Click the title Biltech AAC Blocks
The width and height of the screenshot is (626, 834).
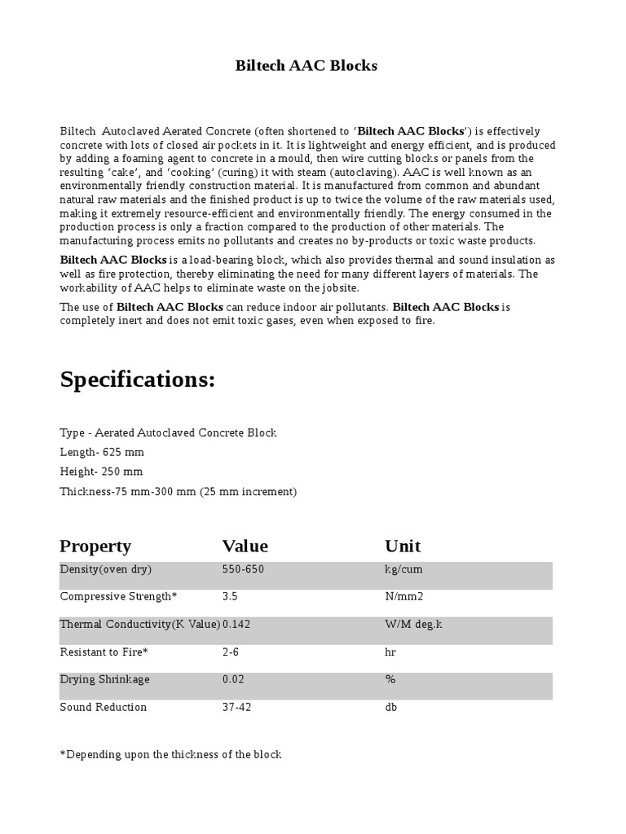[x=306, y=66]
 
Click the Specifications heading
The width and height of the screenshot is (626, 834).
[x=138, y=380]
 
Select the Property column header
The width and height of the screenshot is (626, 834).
[x=95, y=546]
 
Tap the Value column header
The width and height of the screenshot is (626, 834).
[x=245, y=546]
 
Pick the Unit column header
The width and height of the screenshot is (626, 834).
[x=403, y=546]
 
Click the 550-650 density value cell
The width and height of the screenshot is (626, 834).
[x=243, y=569]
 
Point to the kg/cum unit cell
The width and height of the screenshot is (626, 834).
[x=403, y=569]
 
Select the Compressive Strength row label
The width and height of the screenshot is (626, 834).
[x=118, y=597]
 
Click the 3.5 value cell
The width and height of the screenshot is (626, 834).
[x=230, y=597]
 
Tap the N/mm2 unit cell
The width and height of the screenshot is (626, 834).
[x=404, y=597]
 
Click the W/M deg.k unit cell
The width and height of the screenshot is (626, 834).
[x=413, y=625]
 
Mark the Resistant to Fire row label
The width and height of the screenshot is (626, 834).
[x=104, y=652]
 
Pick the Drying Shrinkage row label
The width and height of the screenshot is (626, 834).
[x=104, y=679]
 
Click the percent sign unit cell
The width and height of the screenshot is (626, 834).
[x=390, y=679]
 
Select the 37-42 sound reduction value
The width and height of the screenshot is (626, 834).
[x=236, y=707]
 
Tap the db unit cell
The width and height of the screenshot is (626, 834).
[x=390, y=707]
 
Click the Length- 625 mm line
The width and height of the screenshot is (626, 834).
[x=102, y=452]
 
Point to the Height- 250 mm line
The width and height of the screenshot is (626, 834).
[x=101, y=472]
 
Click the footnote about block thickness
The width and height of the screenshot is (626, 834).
[x=170, y=755]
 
